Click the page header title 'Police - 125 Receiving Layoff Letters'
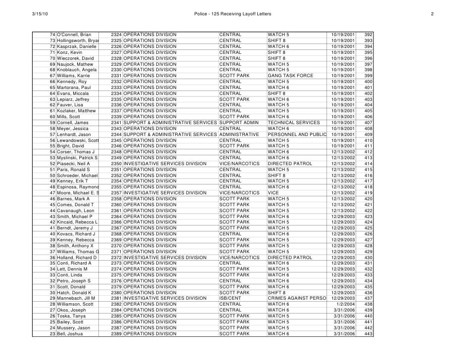[233, 12]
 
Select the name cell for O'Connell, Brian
[74, 35]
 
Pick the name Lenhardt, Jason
[74, 135]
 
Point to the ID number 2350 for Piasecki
[116, 164]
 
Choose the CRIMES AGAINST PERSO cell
[296, 298]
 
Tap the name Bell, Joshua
[70, 334]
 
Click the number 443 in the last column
[368, 334]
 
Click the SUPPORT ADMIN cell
[239, 123]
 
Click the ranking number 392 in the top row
[368, 35]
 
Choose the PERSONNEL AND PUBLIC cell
[297, 135]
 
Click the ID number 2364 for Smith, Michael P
[116, 217]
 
